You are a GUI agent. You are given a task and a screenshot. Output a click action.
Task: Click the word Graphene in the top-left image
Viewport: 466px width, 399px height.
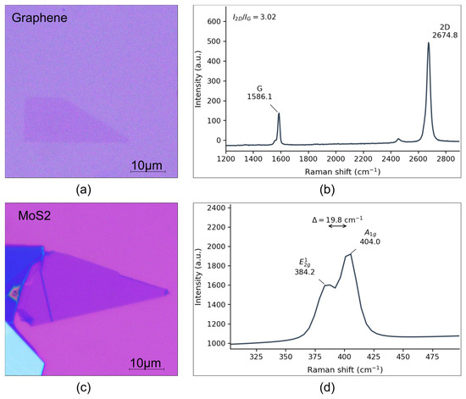[x=40, y=18]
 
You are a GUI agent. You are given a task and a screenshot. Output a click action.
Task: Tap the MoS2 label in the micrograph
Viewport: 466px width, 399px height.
[x=35, y=216]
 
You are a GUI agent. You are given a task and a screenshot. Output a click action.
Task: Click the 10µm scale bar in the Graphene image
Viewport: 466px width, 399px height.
[x=148, y=171]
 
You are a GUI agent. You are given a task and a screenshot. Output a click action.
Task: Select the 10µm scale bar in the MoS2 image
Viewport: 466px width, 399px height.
[x=147, y=369]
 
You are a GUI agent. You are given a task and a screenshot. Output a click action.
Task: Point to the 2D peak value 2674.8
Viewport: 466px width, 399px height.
[x=445, y=36]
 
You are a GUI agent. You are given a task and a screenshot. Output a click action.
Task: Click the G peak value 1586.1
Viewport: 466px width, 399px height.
[x=260, y=97]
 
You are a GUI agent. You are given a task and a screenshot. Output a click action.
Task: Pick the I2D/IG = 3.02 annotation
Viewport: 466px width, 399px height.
[x=254, y=17]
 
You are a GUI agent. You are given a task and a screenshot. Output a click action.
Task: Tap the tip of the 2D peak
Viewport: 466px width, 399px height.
[x=428, y=42]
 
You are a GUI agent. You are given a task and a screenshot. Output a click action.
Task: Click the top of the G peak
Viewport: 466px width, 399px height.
[x=279, y=113]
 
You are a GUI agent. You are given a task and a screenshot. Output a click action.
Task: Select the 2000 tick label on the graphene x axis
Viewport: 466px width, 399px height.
[x=336, y=158]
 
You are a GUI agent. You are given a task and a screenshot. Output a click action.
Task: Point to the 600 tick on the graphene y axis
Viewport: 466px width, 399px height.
[x=214, y=21]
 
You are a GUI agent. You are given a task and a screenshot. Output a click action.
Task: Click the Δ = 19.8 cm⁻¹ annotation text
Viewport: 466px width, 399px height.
[x=337, y=219]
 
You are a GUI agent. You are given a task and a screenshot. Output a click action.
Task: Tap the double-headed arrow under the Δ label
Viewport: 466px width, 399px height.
[x=337, y=226]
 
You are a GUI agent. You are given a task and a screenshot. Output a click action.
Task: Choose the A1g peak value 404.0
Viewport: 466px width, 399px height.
[x=370, y=241]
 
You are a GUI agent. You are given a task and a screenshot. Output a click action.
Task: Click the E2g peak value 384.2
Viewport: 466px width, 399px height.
[x=305, y=272]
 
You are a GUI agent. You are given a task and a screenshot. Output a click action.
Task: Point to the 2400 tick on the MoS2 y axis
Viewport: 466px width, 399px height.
[x=218, y=208]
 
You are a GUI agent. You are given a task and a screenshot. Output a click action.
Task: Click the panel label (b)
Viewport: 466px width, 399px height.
[x=327, y=190]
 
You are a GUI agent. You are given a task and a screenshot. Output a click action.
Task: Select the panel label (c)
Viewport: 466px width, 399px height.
[x=83, y=388]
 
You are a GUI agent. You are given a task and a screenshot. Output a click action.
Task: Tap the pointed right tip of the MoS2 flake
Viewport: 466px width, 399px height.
[x=168, y=292]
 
